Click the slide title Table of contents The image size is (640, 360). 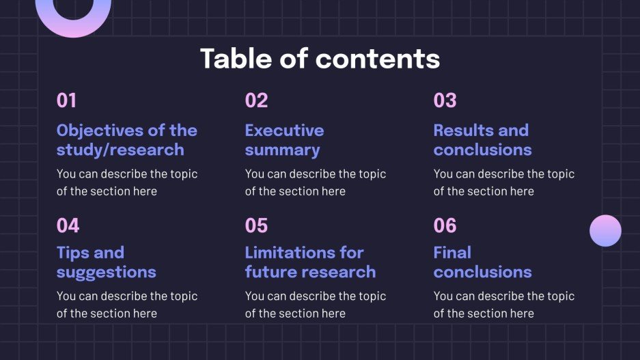(x=320, y=59)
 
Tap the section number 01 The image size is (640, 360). (x=66, y=101)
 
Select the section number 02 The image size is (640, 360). (x=256, y=101)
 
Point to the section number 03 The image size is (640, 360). (x=445, y=101)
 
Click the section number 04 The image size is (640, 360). (x=68, y=225)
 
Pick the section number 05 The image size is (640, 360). (x=256, y=225)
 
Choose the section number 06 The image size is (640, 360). (x=445, y=225)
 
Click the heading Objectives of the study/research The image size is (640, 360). (x=126, y=140)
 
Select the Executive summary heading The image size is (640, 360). (x=284, y=140)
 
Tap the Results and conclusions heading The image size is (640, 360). (x=482, y=140)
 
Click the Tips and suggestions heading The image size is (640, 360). (x=106, y=262)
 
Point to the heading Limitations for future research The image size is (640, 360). (x=310, y=262)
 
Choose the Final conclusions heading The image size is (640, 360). (x=482, y=262)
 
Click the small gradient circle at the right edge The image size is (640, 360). (x=605, y=230)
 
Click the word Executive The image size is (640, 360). (x=284, y=130)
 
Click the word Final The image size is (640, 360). (x=452, y=253)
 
